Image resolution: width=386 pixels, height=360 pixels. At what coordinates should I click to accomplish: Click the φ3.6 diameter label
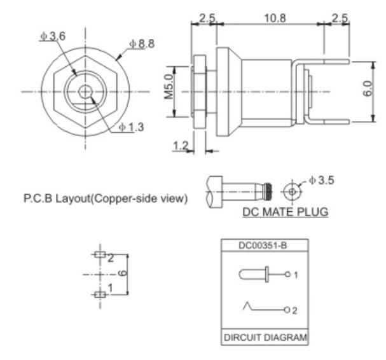[52, 36]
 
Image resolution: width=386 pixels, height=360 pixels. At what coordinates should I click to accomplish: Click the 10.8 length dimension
[274, 18]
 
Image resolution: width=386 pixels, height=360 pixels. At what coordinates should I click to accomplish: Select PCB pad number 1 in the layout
[99, 294]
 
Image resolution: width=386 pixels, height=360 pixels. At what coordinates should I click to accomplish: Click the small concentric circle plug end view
[292, 190]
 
